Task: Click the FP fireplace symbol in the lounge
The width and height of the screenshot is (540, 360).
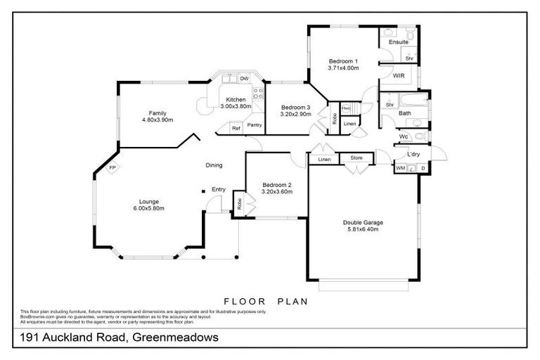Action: point(111,168)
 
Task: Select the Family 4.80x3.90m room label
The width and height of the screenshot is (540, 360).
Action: point(157,116)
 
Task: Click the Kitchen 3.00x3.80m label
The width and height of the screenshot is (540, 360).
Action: point(235,103)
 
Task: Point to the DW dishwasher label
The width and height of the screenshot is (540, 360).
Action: point(244,78)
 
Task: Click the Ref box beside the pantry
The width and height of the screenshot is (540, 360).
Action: point(236,129)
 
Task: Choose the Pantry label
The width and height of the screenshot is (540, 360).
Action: point(254,125)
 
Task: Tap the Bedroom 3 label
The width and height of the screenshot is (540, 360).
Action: point(295,108)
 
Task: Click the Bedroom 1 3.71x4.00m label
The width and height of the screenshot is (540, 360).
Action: point(343,65)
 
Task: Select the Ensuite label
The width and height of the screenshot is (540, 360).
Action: point(399,42)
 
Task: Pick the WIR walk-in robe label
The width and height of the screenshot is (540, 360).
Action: point(399,75)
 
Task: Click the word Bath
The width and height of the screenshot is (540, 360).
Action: point(405,112)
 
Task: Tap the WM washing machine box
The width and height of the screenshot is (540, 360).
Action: point(400,169)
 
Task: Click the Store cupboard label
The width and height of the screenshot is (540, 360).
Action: point(356,159)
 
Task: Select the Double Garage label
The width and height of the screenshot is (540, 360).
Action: point(364,225)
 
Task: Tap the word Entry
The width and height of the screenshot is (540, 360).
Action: point(219,188)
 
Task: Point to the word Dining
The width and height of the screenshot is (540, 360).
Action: point(214,165)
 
